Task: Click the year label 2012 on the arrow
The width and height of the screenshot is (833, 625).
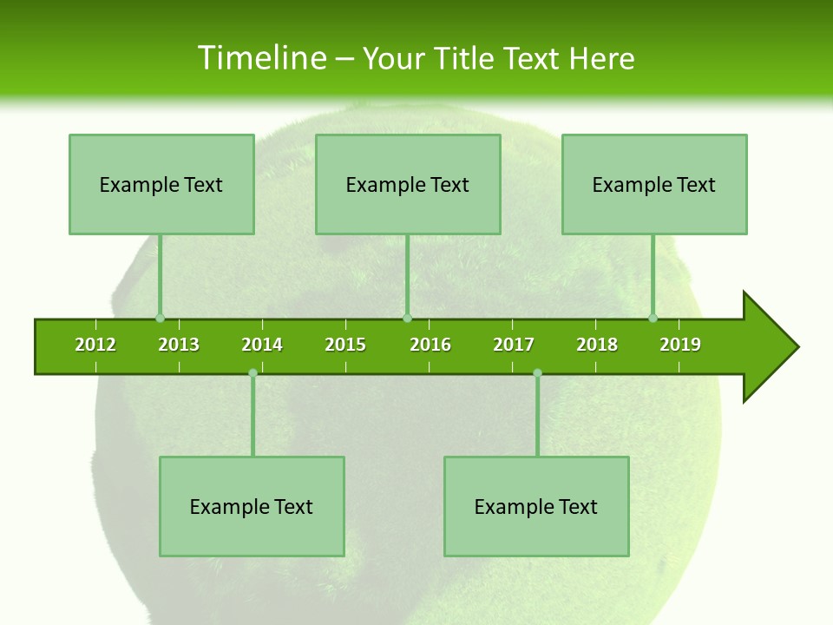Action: click(95, 345)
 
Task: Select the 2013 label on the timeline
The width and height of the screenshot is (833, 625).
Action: click(179, 345)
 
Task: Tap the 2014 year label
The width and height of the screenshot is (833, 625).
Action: click(262, 345)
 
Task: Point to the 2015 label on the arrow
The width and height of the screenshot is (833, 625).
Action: click(345, 345)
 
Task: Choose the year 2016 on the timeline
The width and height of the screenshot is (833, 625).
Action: click(430, 345)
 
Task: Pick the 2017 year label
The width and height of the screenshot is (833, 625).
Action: click(514, 345)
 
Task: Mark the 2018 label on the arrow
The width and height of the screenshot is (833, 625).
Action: click(597, 345)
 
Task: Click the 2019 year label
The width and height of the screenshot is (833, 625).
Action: click(680, 345)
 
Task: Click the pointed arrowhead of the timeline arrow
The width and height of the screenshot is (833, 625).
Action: click(772, 347)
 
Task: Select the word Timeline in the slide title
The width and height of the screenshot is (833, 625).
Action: click(260, 58)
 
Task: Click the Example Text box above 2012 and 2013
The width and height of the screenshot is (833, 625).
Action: click(161, 184)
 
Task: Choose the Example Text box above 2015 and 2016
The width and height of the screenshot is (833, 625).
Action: click(408, 184)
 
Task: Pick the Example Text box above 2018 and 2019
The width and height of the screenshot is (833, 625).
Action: click(654, 184)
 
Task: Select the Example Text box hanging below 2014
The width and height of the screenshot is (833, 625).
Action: click(252, 506)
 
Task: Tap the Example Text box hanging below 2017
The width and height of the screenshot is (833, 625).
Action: click(536, 506)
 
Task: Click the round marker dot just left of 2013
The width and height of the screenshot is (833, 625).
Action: click(160, 319)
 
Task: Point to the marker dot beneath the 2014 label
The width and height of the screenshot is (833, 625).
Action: click(253, 373)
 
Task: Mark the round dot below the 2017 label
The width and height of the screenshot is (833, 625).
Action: click(537, 373)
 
